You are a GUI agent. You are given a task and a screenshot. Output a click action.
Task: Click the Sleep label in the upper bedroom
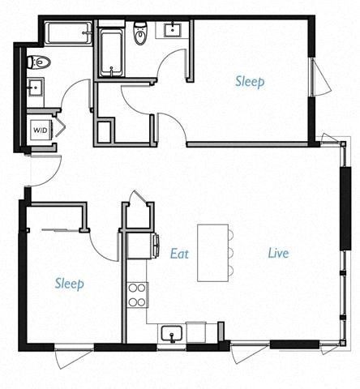250,82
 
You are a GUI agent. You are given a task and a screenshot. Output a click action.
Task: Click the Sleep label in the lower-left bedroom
70,284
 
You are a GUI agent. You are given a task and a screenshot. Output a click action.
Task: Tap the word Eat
179,253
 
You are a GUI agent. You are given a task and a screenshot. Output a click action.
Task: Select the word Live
278,253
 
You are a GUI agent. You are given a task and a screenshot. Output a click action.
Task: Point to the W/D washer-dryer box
40,129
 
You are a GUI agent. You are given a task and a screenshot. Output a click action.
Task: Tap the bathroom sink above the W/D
36,87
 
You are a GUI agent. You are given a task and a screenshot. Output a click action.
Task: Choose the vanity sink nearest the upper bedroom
174,31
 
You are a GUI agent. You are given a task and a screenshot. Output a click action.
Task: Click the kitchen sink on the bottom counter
171,333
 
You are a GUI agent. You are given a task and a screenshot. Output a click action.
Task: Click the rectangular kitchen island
212,253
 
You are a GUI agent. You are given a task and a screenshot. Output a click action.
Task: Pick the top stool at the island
231,236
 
